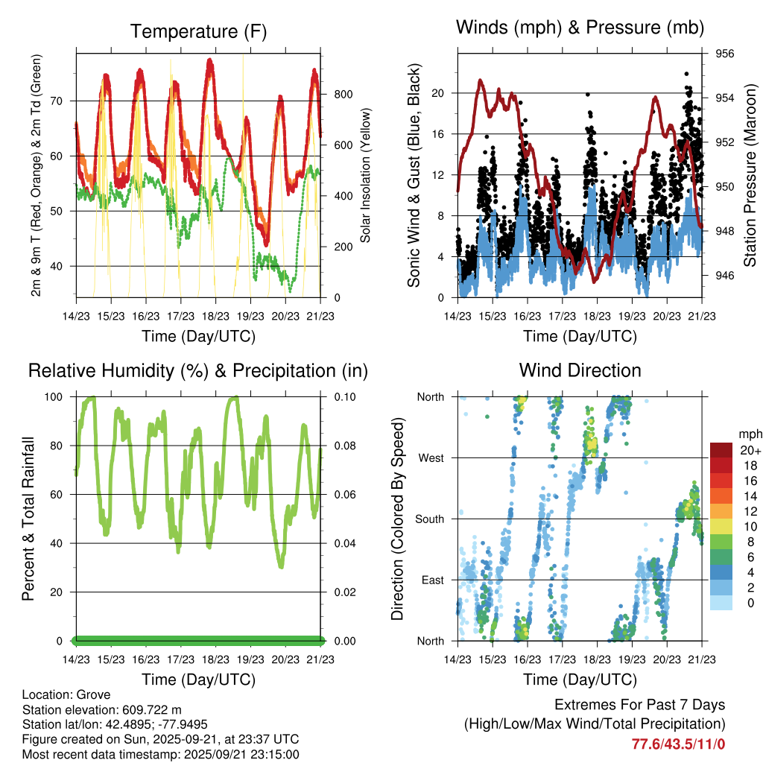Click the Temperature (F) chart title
pos(198,31)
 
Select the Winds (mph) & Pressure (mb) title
pos(580,28)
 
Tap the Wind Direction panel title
pos(580,370)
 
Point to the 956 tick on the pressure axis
pos(725,54)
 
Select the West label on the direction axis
pos(430,458)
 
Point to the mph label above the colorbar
pos(749,434)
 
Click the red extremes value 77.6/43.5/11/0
pos(678,744)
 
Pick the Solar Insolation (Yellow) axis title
pos(365,175)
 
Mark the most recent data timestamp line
pos(160,754)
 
